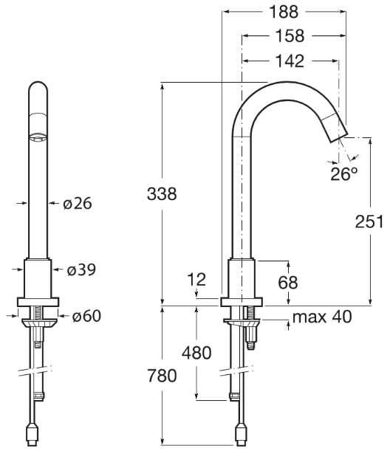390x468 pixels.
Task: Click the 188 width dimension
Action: point(284,12)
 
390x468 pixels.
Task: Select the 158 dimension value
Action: point(290,36)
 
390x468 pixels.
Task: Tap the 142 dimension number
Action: point(290,61)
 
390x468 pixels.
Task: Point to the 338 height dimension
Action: point(162,193)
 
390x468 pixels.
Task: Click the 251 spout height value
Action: point(369,221)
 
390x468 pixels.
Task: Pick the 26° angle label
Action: point(344,173)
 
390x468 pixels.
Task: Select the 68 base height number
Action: point(288,283)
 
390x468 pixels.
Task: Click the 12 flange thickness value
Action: point(196,280)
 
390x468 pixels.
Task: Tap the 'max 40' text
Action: point(322,317)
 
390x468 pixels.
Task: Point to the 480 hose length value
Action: point(196,353)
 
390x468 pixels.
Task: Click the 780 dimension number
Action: point(162,376)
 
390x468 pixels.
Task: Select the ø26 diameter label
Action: point(78,203)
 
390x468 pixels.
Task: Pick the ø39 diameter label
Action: point(81,269)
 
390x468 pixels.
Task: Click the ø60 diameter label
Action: point(86,316)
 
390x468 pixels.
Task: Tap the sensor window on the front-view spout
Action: point(38,137)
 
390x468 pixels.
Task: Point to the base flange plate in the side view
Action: point(242,302)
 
